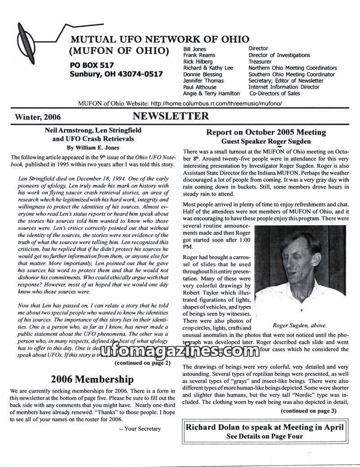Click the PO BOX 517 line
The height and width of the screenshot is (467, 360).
tap(92, 65)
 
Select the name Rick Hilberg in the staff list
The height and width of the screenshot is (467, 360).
tap(198, 62)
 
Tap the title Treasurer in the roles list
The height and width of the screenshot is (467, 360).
tap(260, 62)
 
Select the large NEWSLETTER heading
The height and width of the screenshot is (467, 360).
tap(171, 117)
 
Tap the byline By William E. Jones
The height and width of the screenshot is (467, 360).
tap(93, 147)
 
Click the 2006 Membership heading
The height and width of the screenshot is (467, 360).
tap(92, 379)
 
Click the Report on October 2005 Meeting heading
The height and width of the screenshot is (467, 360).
tap(266, 132)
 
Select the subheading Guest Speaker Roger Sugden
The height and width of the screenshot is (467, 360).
tap(266, 141)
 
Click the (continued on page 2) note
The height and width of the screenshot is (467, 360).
tap(142, 363)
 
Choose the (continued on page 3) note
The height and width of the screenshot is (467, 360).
tap(308, 411)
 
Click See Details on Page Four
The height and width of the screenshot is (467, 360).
tap(265, 436)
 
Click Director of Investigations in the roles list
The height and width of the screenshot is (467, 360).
tap(279, 55)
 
